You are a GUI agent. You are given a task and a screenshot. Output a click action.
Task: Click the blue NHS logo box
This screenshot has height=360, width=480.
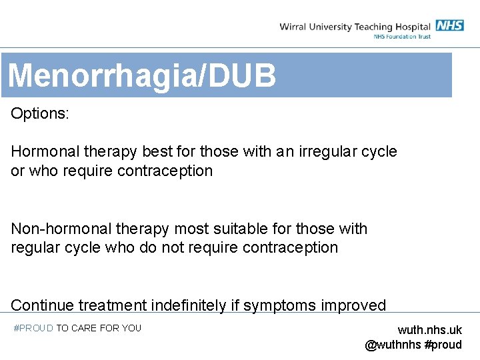pyautogui.click(x=449, y=25)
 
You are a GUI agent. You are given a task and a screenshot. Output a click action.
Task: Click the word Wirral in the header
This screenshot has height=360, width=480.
pyautogui.click(x=293, y=27)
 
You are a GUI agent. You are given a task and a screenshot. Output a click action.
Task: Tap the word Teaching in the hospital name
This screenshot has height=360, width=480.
pyautogui.click(x=373, y=27)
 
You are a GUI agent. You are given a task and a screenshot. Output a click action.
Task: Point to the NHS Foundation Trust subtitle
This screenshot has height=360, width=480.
pyautogui.click(x=401, y=37)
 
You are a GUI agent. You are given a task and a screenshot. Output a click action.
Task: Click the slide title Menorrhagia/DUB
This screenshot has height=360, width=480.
pyautogui.click(x=141, y=75)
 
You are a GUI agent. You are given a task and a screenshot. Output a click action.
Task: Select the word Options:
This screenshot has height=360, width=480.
pyautogui.click(x=39, y=113)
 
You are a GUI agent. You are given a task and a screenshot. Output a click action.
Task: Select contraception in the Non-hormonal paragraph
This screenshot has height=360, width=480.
pyautogui.click(x=291, y=247)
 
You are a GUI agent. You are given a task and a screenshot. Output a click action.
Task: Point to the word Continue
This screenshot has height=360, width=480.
pyautogui.click(x=42, y=305)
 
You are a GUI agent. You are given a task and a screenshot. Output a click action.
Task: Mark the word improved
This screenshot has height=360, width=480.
pyautogui.click(x=353, y=305)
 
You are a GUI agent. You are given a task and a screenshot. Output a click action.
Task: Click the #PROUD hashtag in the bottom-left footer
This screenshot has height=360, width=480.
pyautogui.click(x=33, y=328)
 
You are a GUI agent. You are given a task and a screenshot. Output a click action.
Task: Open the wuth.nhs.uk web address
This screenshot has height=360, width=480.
pyautogui.click(x=429, y=330)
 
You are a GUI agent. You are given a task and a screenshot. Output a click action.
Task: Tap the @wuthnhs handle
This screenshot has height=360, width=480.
pyautogui.click(x=393, y=345)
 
